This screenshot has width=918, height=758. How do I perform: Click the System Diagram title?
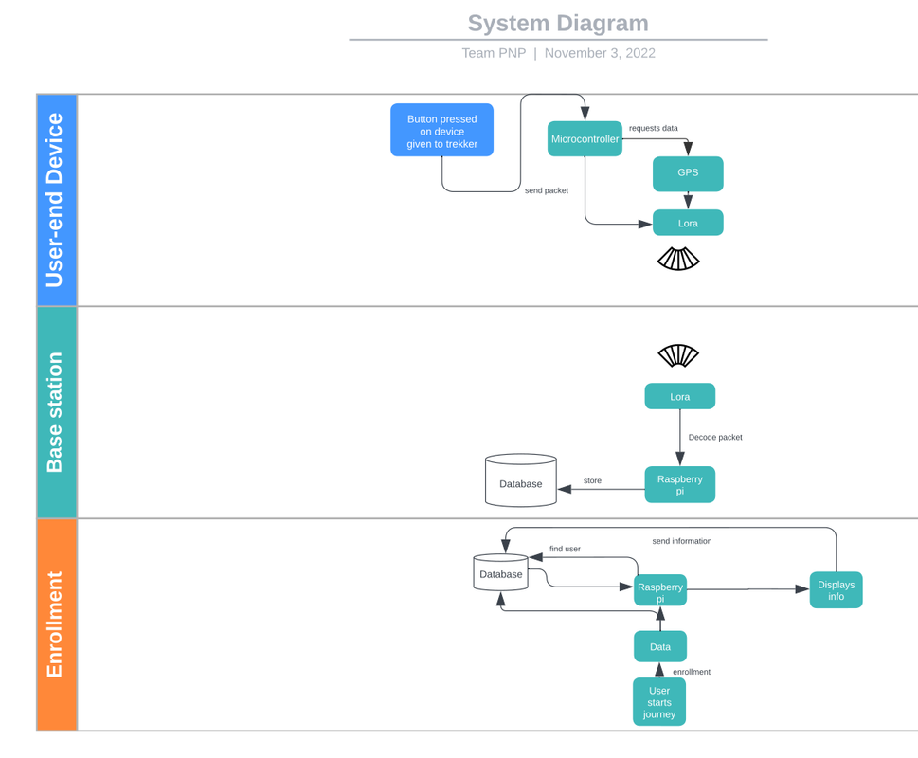coord(558,24)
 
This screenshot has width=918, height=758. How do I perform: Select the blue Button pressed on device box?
coord(441,131)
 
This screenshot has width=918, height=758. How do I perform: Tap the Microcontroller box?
coord(585,139)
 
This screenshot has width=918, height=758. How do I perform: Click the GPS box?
coord(688,173)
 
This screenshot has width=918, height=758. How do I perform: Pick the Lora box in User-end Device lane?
coord(688,224)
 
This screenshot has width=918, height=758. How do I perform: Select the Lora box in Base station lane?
coord(679,396)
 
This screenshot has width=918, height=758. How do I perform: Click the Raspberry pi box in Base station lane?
coord(679,484)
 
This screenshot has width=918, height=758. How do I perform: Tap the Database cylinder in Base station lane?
coord(520,481)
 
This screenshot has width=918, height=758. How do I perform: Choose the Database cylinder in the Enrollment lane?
coord(500,573)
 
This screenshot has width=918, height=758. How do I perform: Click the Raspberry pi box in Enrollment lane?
coord(660,590)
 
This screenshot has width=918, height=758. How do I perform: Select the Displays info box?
coord(836,589)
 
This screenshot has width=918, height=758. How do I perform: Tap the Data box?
coord(660,646)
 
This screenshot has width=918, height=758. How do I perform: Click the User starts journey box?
coord(659,702)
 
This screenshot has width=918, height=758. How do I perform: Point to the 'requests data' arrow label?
coord(653,128)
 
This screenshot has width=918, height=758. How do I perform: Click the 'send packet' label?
coord(547,190)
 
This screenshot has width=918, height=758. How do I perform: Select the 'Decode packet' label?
coord(715,437)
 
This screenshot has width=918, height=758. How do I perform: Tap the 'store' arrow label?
coord(592,480)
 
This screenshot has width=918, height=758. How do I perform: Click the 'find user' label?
coord(565,549)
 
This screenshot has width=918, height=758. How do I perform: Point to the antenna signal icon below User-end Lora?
coord(678,259)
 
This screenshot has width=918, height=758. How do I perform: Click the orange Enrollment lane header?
coord(56,624)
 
